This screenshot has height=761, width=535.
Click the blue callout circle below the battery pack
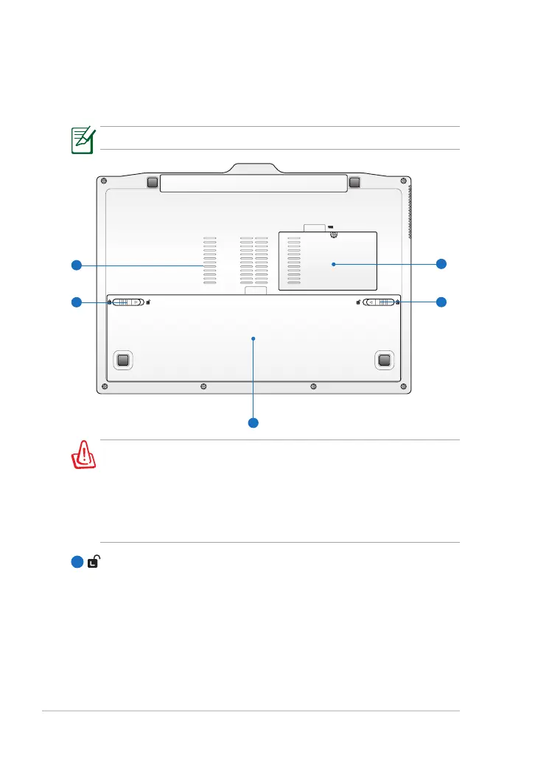253,423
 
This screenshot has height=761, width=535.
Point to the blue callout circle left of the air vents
75,264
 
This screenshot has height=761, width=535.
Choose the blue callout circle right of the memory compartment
441,263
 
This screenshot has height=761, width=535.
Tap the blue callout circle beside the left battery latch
75,302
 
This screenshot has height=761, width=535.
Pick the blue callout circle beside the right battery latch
441,302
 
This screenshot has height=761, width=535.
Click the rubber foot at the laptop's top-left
153,181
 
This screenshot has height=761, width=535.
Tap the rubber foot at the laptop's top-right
353,181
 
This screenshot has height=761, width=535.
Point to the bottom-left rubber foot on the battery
123,360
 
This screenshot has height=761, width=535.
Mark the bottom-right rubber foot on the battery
383,360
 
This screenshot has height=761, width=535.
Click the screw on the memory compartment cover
334,234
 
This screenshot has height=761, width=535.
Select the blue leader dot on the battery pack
253,338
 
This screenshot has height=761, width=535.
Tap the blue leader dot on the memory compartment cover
333,263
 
